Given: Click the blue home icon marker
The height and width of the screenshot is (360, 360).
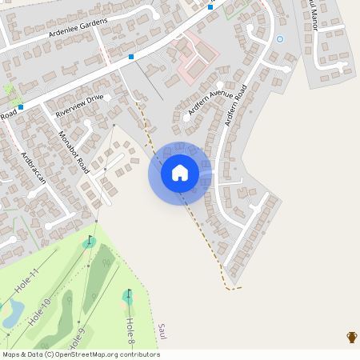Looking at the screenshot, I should (179, 172).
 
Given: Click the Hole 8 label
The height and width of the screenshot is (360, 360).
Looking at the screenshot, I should (130, 330).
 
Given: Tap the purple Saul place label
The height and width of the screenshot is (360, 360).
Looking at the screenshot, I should (162, 330).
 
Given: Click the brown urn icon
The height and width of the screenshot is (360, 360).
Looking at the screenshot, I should (351, 337).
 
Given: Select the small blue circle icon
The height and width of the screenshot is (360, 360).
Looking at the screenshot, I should (279, 38).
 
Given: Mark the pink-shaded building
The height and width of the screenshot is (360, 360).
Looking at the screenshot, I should (197, 56).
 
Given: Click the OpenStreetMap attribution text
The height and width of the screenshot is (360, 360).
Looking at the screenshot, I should (81, 354).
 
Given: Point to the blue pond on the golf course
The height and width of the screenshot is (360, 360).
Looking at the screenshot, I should (11, 313).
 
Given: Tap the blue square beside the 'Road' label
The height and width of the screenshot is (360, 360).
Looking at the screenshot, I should (21, 107).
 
